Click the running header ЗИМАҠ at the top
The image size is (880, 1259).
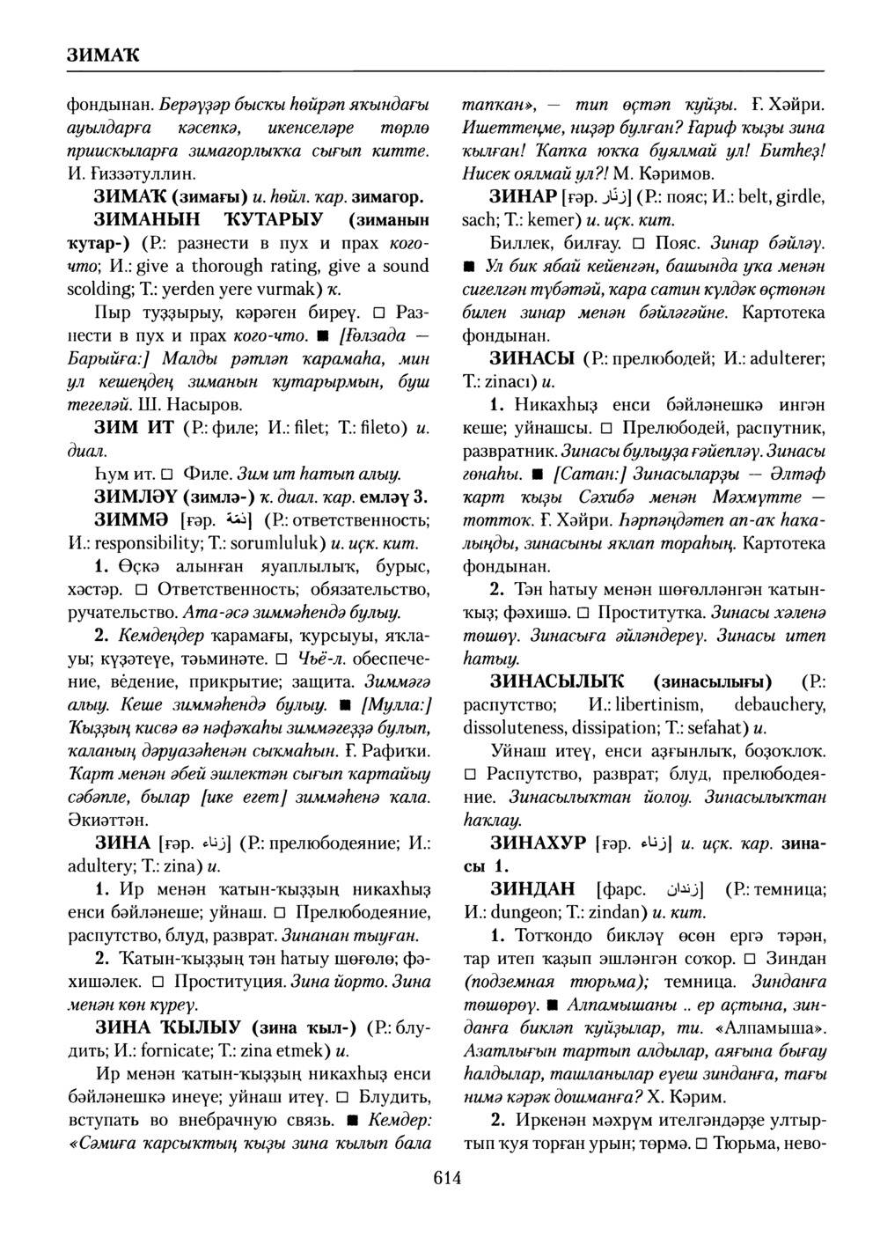104,55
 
